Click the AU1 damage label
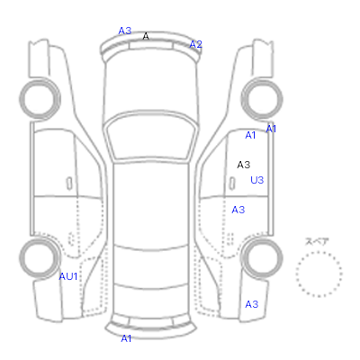[68, 276]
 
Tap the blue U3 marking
[257, 180]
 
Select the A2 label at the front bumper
[195, 44]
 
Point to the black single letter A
[146, 36]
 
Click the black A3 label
[244, 165]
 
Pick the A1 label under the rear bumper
[126, 338]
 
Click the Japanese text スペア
[317, 241]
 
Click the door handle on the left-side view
[69, 184]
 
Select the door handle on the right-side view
[232, 184]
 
